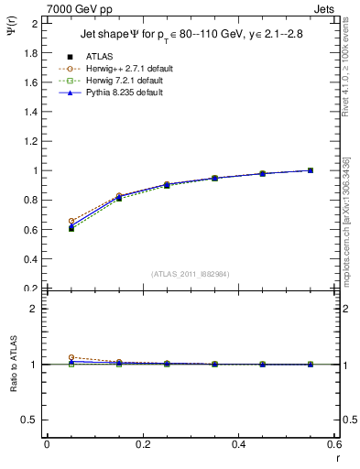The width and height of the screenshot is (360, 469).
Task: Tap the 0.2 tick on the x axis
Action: tap(142, 443)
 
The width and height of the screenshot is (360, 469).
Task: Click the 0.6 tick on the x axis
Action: tap(333, 443)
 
